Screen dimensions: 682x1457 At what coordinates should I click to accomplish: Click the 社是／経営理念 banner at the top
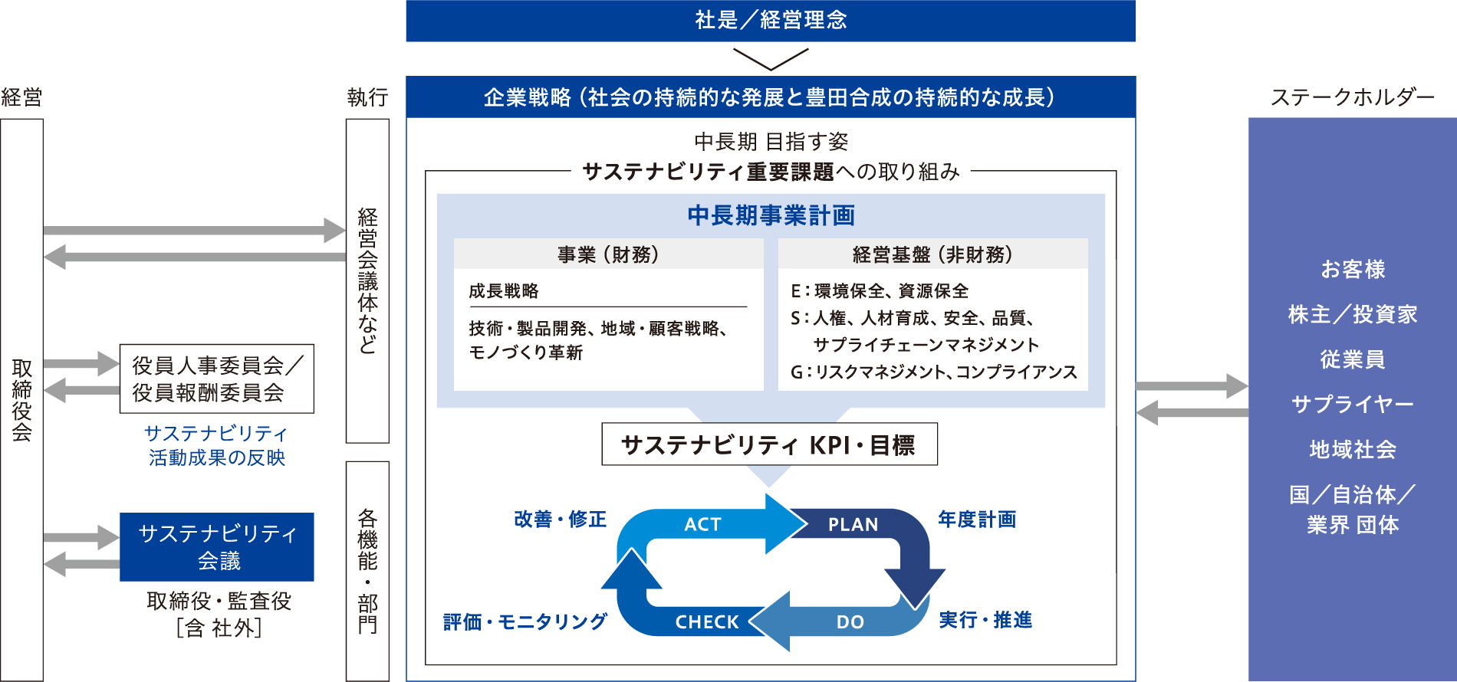coord(771,20)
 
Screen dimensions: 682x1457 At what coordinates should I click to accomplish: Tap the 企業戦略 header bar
coord(771,97)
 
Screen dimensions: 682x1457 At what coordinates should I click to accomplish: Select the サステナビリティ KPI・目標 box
coord(769,444)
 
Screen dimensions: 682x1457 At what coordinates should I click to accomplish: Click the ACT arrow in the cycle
coord(703,524)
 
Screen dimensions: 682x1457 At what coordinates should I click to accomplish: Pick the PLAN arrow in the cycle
coord(853,525)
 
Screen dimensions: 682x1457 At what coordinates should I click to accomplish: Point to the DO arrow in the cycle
coord(850,621)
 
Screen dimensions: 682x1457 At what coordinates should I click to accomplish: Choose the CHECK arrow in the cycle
coord(706,621)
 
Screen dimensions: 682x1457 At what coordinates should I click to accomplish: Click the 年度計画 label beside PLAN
coord(977,520)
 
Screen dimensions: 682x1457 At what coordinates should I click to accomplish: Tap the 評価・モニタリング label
coord(525,621)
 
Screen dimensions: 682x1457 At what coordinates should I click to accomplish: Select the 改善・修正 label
coord(560,520)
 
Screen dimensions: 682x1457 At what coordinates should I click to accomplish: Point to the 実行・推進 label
coord(985,620)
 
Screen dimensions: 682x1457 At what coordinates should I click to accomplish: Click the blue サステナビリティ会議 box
coord(217,547)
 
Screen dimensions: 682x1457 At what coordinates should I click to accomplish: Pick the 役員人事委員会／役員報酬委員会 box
coord(217,379)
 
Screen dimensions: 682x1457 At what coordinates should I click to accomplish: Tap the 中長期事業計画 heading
coord(771,215)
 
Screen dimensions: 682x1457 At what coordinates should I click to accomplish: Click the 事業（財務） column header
coord(608,254)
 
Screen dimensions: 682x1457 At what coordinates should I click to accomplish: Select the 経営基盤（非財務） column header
coord(932,254)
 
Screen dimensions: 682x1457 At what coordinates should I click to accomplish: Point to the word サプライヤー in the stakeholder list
coord(1352,404)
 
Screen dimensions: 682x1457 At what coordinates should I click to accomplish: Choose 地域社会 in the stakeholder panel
coord(1352,449)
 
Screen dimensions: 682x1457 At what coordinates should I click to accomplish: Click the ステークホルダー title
coord(1352,97)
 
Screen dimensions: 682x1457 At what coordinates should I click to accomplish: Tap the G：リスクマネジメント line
coord(933,372)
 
